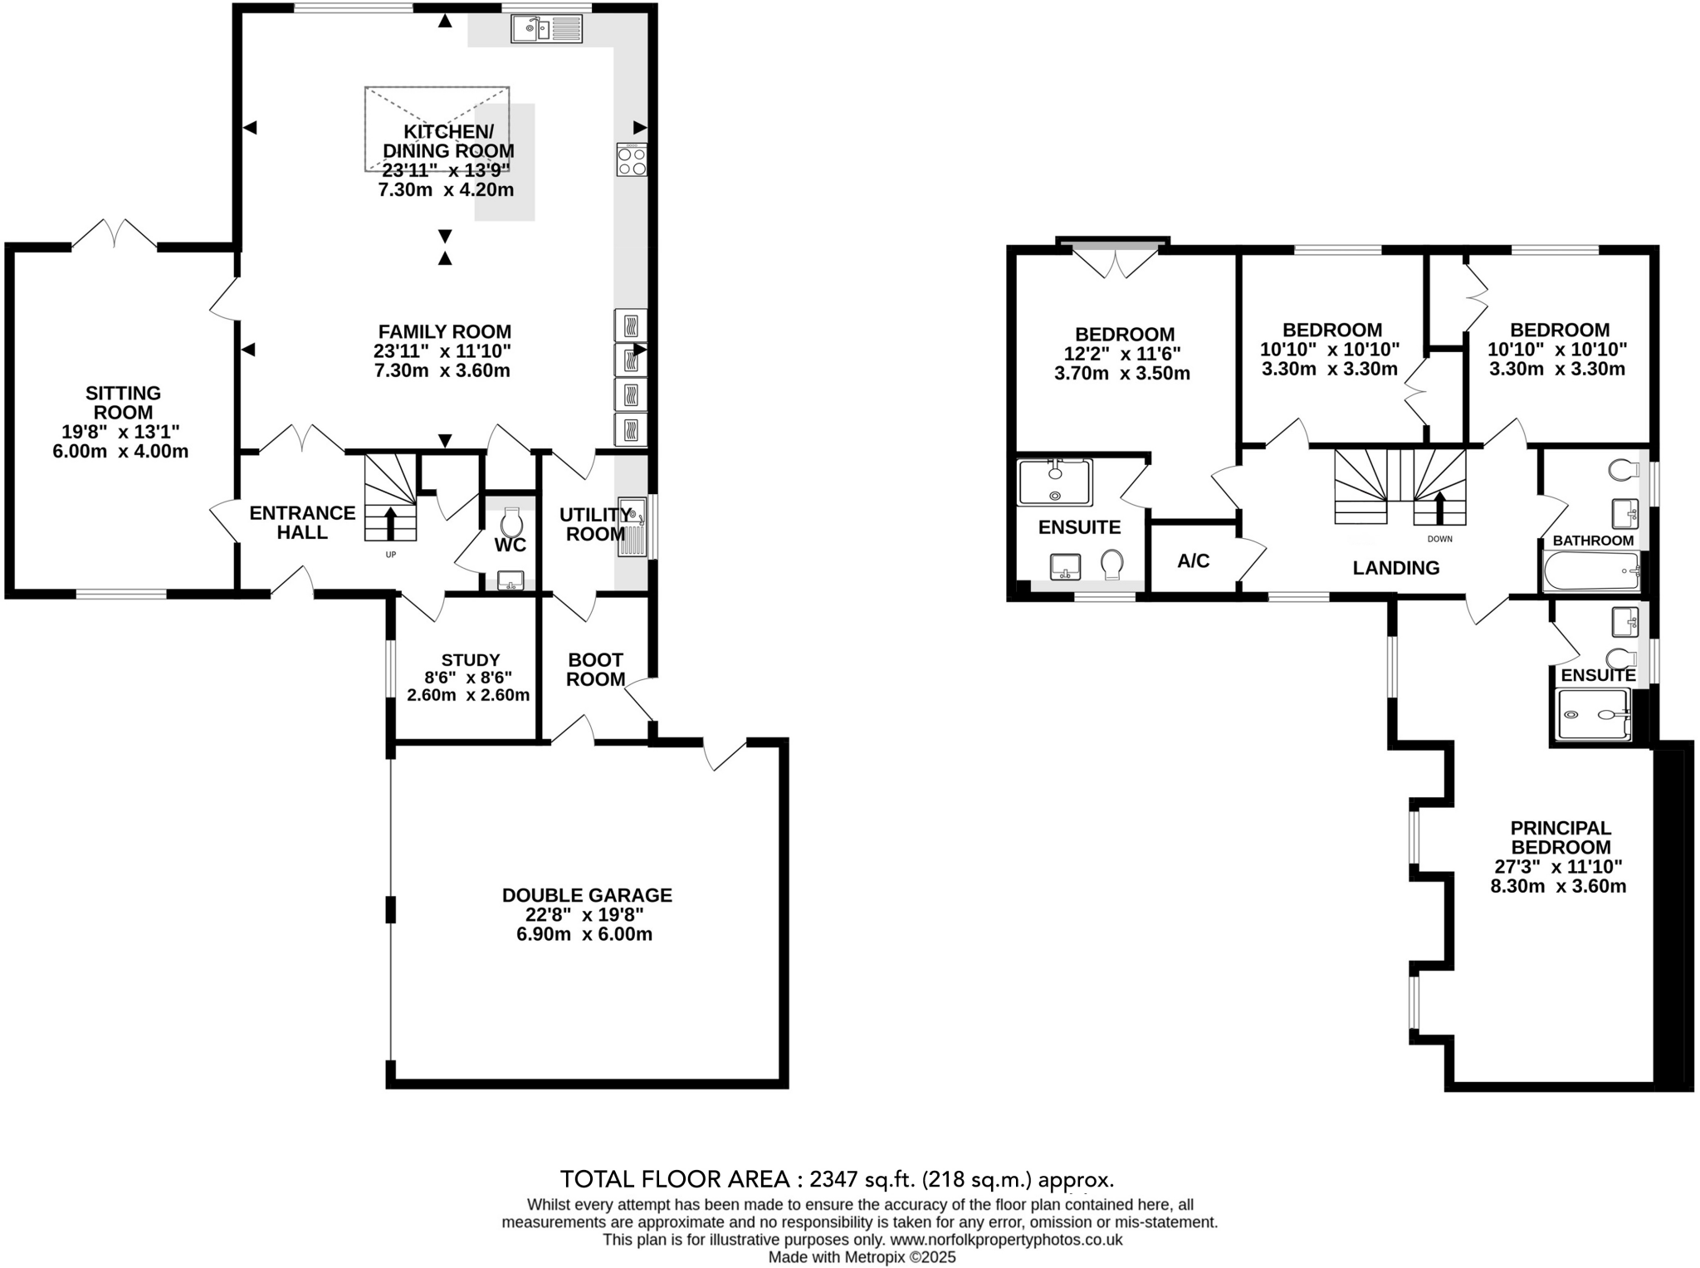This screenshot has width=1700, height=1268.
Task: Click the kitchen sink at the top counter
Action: point(546,30)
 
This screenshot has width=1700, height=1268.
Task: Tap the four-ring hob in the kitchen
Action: point(632,159)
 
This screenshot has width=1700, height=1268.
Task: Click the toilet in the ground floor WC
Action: point(510,522)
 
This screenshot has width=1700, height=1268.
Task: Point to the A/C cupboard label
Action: point(1193,561)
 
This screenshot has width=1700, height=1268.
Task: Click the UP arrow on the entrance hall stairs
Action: point(389,522)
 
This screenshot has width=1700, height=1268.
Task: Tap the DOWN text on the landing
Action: point(1440,539)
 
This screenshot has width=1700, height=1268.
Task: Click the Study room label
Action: point(470,660)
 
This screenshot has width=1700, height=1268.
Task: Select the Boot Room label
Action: point(595,669)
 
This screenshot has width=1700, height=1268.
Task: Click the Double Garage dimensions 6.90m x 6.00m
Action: point(584,934)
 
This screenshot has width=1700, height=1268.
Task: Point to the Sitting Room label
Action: point(124,403)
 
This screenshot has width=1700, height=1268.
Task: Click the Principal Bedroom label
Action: point(1560,837)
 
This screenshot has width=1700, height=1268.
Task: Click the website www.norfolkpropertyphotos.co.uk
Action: point(1006,1240)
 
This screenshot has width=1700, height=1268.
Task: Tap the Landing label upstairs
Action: point(1395,568)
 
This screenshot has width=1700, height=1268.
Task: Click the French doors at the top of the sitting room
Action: point(114,235)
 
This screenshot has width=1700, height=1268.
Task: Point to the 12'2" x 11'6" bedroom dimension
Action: point(1121,354)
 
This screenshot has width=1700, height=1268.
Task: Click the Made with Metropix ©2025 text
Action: point(862,1257)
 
